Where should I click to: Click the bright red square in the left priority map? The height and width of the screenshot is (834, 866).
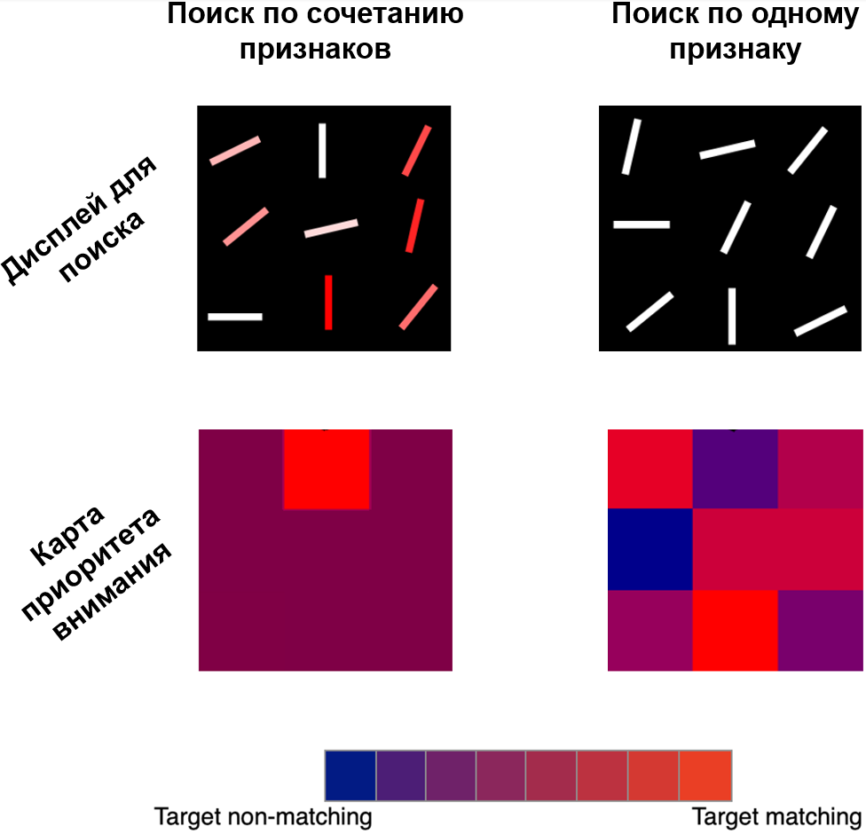[327, 469]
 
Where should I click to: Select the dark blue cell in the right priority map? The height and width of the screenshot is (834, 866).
[650, 549]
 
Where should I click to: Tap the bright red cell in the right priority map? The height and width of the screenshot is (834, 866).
[735, 631]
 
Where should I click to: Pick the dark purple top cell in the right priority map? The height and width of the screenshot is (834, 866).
[735, 469]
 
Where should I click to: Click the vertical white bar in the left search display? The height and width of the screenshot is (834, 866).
[322, 151]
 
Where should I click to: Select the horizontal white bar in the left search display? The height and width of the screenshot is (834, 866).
[235, 317]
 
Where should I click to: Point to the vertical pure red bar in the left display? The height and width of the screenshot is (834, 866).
[328, 303]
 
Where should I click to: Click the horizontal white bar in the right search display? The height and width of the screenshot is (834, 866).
[642, 224]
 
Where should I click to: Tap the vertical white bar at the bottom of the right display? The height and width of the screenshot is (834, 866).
[732, 316]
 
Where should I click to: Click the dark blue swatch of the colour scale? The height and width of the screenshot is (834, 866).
[350, 775]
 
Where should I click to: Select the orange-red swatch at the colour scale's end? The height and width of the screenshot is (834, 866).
[705, 775]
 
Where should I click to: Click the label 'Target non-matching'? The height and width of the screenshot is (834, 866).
[263, 817]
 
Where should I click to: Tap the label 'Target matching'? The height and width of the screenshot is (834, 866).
[776, 817]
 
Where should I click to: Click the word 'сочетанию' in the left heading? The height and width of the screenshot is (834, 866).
[384, 14]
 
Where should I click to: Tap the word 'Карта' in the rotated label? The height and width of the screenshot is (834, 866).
[67, 536]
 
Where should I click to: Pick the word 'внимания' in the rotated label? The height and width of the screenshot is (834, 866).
[113, 593]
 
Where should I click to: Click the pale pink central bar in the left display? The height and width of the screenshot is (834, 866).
[331, 229]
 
